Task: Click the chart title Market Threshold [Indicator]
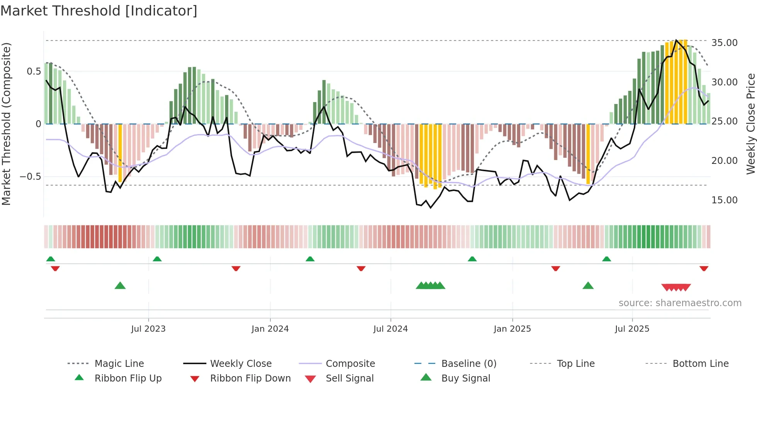tap(99, 11)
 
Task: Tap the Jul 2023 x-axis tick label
tap(148, 329)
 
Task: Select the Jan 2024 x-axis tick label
tap(270, 329)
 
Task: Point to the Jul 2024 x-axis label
tap(390, 329)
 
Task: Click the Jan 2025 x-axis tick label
tap(512, 329)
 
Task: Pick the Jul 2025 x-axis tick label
tap(632, 329)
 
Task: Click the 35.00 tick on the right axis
tap(724, 43)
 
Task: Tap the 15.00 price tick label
tap(724, 200)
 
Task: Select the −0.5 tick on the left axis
tap(30, 177)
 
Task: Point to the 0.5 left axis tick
tap(34, 72)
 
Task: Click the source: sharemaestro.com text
tap(680, 303)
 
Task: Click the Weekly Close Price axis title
tap(750, 124)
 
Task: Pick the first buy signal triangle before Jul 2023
tap(120, 286)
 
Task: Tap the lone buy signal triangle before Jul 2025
tap(588, 286)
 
